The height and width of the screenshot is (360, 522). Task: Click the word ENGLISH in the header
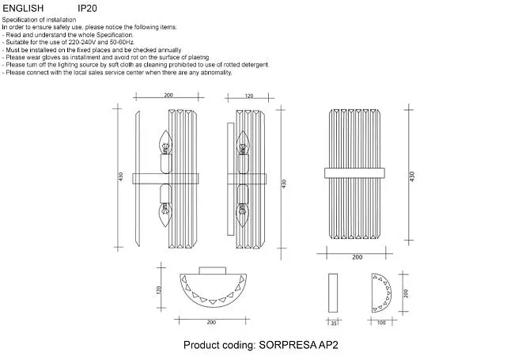click(x=23, y=9)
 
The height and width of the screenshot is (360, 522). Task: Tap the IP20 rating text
click(x=87, y=9)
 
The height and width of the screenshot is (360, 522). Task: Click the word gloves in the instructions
click(x=51, y=58)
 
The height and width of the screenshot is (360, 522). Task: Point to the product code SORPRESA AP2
click(x=298, y=345)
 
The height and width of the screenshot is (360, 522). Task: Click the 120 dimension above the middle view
click(x=248, y=96)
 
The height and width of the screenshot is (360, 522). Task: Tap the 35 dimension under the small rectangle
click(x=333, y=323)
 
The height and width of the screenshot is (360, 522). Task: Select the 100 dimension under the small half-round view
click(x=381, y=323)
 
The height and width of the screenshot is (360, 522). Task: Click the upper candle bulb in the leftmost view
click(x=165, y=142)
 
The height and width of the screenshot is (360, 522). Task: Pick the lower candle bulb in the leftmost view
click(x=165, y=214)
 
